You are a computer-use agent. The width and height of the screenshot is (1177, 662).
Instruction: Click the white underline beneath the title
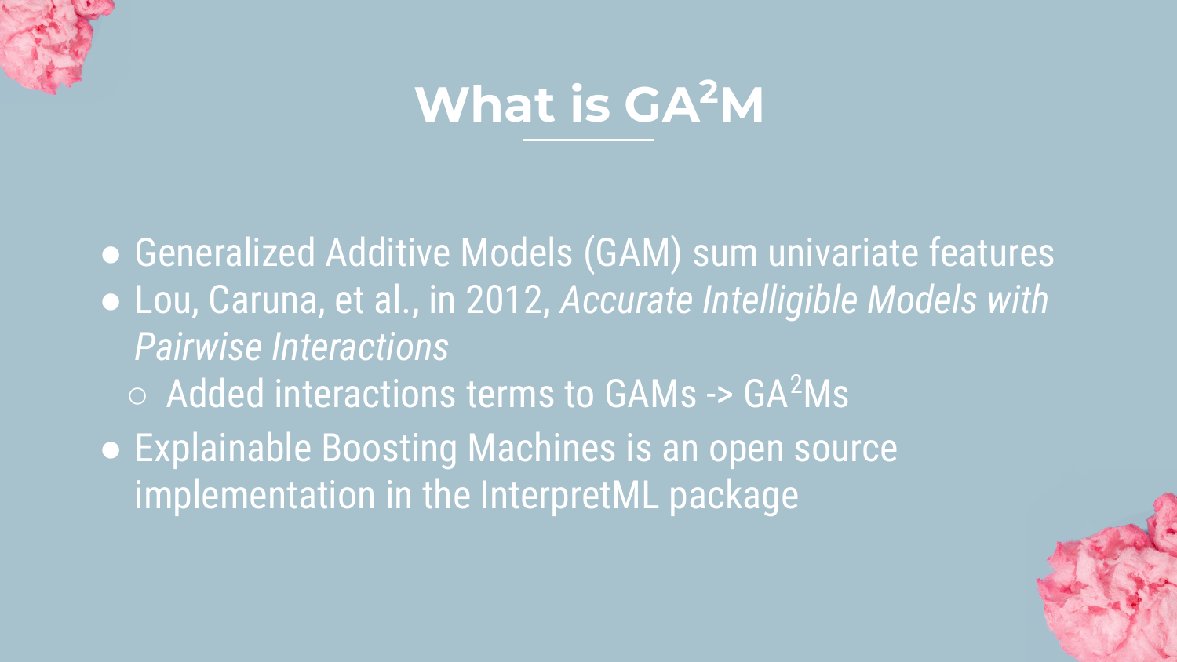coord(588,140)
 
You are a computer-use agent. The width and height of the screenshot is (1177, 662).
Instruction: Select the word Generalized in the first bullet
coord(225,253)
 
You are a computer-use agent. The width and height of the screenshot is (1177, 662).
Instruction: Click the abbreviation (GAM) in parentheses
coord(632,254)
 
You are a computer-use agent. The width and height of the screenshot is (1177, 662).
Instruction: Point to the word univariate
coord(843,253)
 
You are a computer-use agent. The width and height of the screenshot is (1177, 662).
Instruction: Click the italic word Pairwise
coord(198,347)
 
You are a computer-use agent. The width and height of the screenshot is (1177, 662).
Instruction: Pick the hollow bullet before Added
coord(137,396)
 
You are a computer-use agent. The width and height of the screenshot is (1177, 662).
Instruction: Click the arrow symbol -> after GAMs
coord(720,395)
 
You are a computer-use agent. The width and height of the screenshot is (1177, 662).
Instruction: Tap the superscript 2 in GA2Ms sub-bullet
coord(796,384)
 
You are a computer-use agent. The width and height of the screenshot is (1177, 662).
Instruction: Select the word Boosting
coord(389,449)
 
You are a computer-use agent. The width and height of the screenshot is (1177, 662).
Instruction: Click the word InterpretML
coord(569,496)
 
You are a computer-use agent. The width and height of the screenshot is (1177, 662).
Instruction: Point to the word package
coord(734,497)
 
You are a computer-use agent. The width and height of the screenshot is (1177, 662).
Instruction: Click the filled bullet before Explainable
coord(111,450)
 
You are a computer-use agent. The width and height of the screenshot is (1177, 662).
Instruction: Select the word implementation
coord(255,496)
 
